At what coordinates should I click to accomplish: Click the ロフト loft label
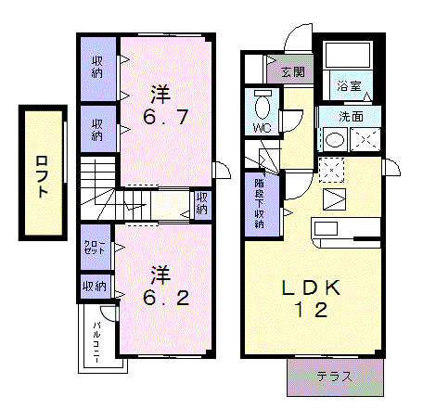[43, 176]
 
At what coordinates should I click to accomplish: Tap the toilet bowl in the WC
[263, 105]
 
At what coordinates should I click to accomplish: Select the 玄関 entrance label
[293, 72]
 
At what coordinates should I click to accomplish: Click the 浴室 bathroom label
[350, 85]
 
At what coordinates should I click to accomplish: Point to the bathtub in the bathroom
[347, 55]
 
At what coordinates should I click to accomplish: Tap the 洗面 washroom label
[351, 117]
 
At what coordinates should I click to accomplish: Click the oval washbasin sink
[335, 140]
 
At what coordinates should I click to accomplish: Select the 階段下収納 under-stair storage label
[259, 203]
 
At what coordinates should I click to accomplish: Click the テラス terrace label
[334, 377]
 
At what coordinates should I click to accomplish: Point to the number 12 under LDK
[311, 310]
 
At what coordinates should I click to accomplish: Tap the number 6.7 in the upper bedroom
[165, 117]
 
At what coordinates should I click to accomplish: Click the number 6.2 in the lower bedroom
[166, 298]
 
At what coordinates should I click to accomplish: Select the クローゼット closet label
[95, 248]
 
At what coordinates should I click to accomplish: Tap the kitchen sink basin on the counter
[326, 229]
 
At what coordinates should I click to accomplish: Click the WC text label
[263, 128]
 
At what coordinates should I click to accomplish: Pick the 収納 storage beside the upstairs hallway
[201, 203]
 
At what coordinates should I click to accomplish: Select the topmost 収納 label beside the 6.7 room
[97, 67]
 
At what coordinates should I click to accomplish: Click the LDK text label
[311, 288]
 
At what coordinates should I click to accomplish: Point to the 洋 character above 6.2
[160, 275]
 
